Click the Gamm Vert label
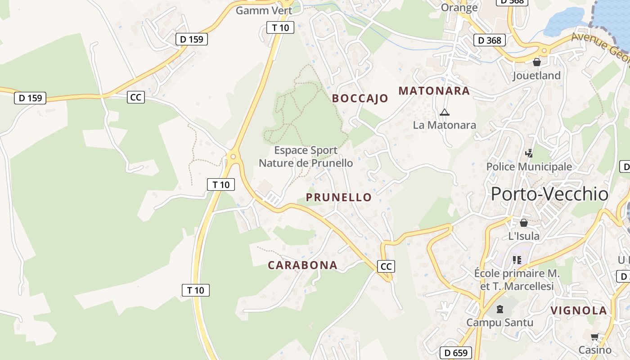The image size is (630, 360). point(264,10)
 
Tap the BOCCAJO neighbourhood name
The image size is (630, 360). point(360,99)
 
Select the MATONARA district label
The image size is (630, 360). point(434,91)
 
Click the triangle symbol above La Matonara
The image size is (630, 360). point(445,112)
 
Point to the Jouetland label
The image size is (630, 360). point(536,75)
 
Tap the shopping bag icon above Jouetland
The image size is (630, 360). point(536,62)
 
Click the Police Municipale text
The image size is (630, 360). point(529,166)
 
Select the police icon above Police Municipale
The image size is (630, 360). point(529,153)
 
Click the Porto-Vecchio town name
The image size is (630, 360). point(549,194)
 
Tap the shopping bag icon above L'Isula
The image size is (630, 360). point(524,223)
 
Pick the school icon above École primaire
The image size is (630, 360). point(517,260)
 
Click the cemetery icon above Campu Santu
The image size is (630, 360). point(499,309)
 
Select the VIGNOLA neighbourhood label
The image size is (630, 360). point(579,310)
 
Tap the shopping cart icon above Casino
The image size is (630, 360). point(595,337)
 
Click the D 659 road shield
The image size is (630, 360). point(456,353)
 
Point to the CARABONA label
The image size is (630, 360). point(302,265)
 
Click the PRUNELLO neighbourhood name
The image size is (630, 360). point(339,197)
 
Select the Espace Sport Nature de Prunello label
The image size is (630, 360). point(306,156)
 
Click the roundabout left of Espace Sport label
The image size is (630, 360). point(233,157)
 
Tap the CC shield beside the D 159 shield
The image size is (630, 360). point(135,97)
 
